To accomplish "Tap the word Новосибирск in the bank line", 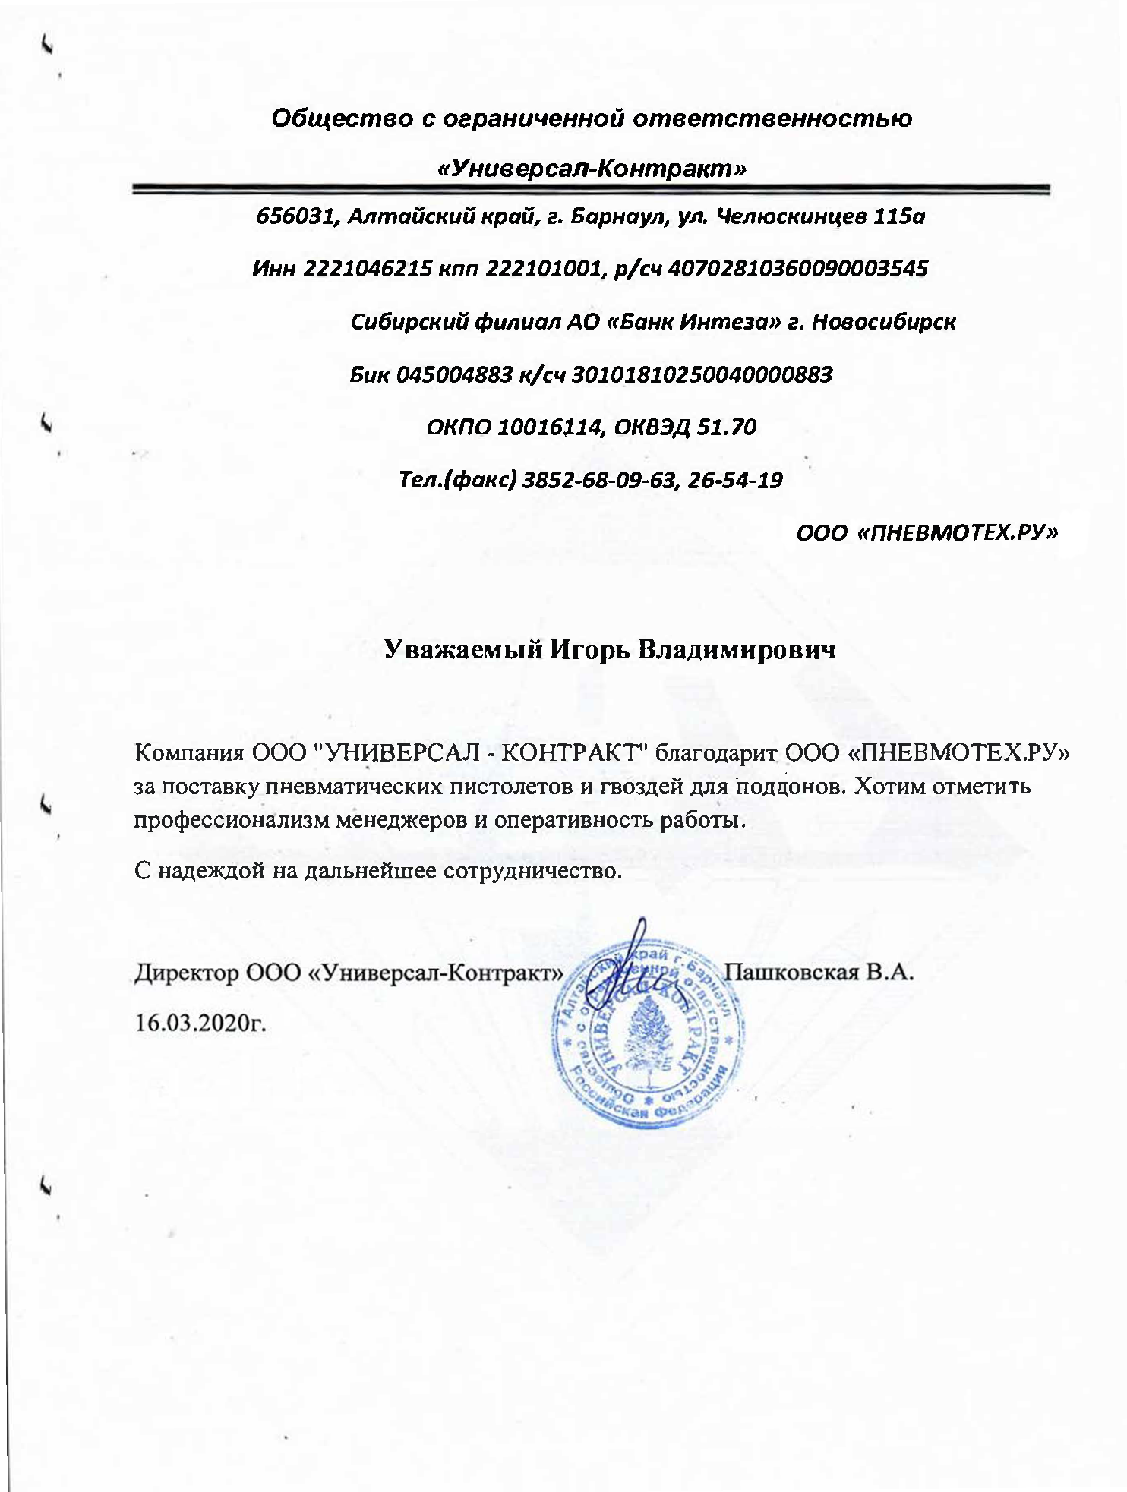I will tap(883, 322).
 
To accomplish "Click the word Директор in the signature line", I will tap(186, 973).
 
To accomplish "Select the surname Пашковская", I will tap(790, 973).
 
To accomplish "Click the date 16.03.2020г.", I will tap(201, 1023).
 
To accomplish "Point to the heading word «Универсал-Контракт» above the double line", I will tap(592, 169).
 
